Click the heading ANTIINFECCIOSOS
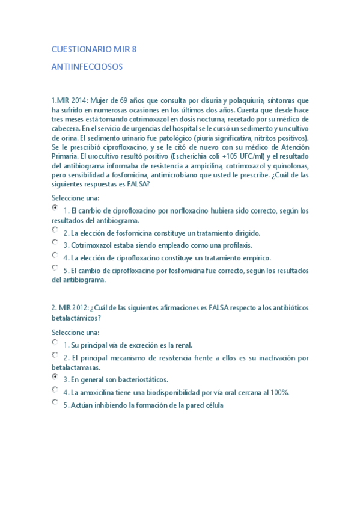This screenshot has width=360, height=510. point(87,67)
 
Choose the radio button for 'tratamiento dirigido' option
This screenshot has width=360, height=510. point(55,230)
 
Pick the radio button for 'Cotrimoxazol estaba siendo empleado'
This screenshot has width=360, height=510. point(55,242)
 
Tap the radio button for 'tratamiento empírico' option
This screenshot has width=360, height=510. point(55,255)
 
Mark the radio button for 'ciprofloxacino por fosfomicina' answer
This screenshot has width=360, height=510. point(55,268)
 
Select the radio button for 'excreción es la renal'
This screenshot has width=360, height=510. point(55,342)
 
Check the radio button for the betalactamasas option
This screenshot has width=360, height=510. point(55,355)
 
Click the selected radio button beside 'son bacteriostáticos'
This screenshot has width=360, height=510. point(55,377)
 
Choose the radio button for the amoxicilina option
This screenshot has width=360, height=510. point(55,390)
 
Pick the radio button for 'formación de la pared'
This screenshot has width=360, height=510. point(55,402)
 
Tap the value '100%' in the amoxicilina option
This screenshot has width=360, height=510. point(279,393)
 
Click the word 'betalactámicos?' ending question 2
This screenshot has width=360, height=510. point(76,318)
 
